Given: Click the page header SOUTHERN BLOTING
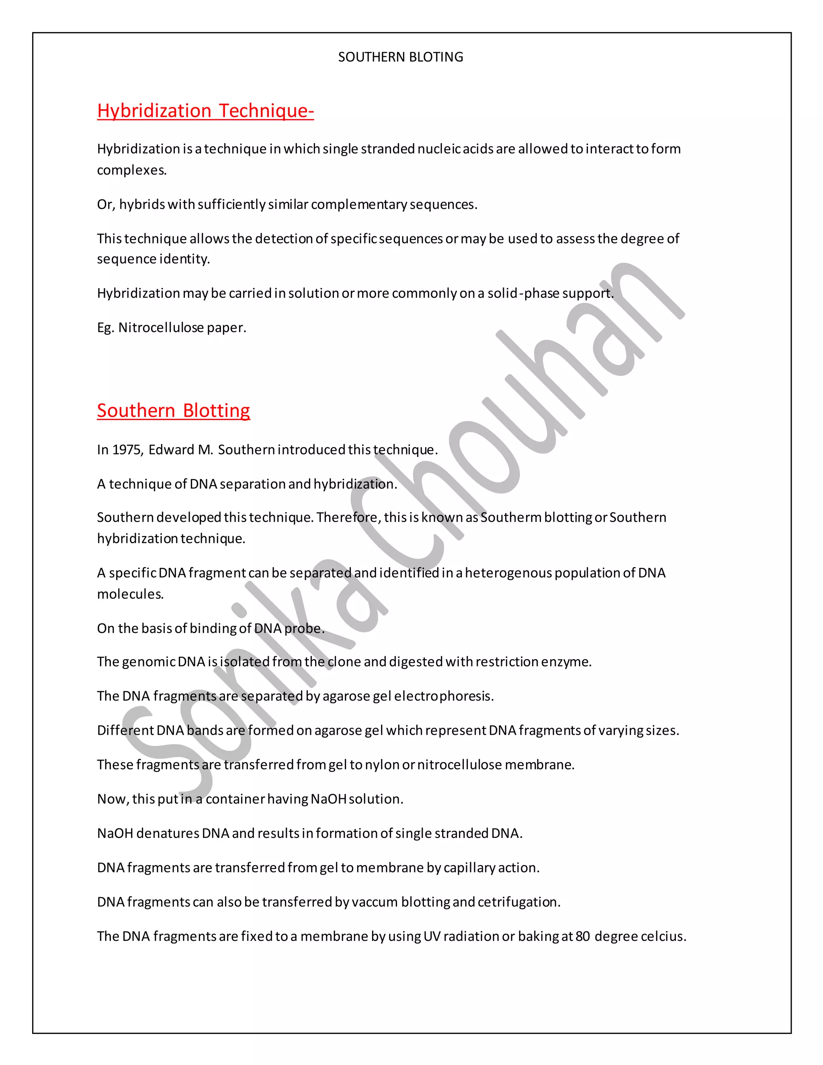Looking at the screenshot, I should (400, 57).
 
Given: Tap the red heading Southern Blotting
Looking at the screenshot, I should (174, 411).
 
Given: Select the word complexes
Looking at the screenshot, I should (132, 170).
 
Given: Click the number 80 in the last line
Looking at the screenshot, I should (583, 936).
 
